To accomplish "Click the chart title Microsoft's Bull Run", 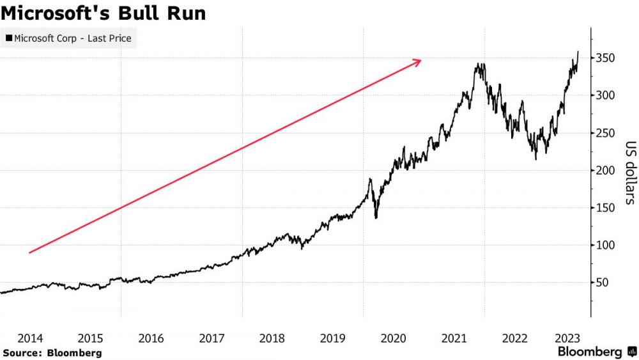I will coord(104,13).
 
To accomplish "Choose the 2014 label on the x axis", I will coord(30,338).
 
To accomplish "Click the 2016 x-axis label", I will coord(151,338).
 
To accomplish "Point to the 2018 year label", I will coord(272,338).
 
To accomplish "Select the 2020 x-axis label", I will coord(394,338).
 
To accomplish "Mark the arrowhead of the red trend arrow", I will coord(418,61).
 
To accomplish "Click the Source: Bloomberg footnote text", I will coord(52,353).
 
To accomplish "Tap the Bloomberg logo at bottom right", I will coord(597,352).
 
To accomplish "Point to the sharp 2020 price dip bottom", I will coord(376,218).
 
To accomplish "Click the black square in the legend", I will coord(9,38).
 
